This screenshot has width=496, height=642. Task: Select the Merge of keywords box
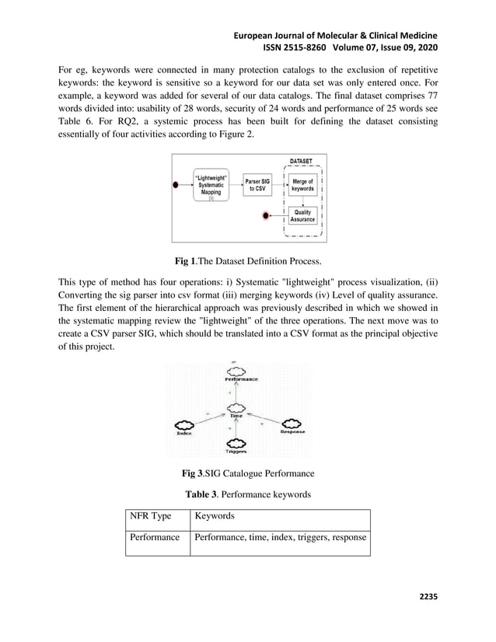pos(302,185)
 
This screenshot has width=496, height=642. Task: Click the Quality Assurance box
pos(302,216)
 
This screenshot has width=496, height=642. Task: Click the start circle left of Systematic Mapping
pos(176,185)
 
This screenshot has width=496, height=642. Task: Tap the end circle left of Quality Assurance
pos(267,215)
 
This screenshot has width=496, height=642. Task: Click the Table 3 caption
pos(247,493)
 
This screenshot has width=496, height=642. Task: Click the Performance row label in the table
pos(155,537)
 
